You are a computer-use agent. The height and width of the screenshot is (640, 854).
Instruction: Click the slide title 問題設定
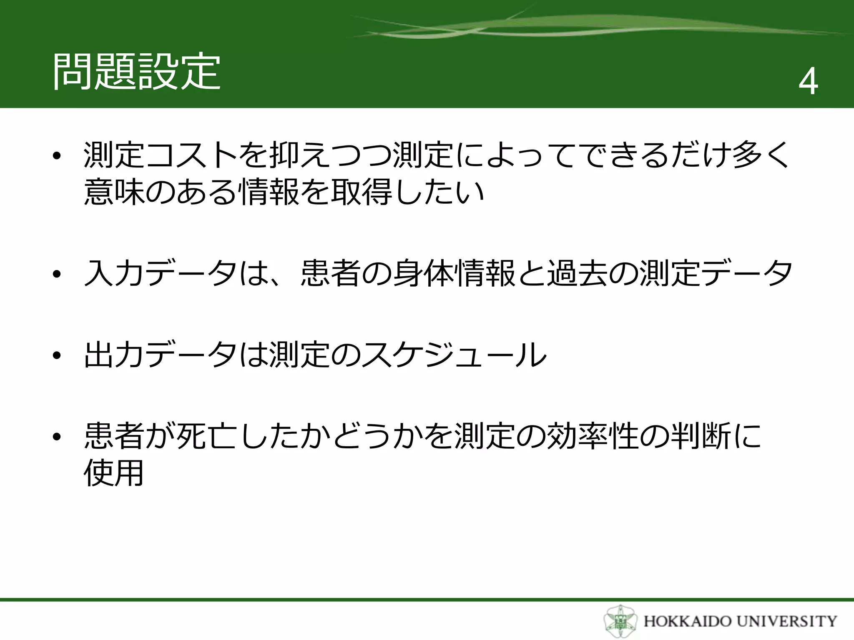tap(136, 72)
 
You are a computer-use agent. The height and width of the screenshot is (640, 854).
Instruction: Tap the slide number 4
tap(808, 82)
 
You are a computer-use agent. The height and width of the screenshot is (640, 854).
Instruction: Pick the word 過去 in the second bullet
tap(577, 273)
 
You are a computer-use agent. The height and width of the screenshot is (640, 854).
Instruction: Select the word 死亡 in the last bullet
tap(207, 436)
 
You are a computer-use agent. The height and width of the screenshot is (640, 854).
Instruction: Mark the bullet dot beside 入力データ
tap(57, 275)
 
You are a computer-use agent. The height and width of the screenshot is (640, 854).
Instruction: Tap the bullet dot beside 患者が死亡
tap(57, 437)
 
